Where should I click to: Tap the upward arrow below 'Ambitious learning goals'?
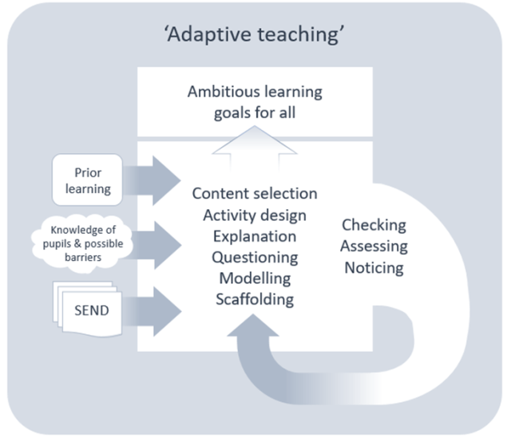tap(254, 145)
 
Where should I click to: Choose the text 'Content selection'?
tap(254, 194)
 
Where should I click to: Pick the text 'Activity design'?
tap(254, 215)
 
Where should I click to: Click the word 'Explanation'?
tap(254, 237)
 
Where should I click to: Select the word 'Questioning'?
tap(254, 258)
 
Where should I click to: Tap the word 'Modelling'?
tap(254, 279)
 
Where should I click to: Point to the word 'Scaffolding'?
tap(254, 300)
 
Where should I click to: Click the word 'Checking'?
tap(374, 226)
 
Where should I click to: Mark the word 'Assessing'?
tap(374, 247)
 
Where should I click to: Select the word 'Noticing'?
tap(374, 267)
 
